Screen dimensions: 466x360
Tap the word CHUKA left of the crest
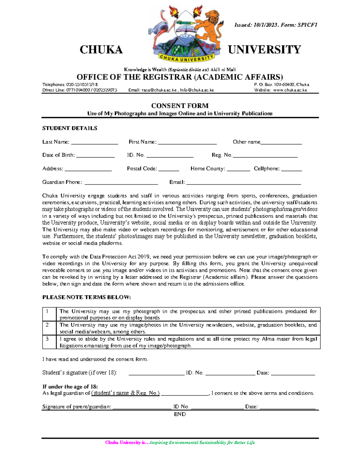101,50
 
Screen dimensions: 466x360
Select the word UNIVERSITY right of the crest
264,50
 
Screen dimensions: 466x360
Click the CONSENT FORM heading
180,106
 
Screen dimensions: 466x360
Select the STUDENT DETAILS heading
70,128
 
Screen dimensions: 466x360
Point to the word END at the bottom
180,414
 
